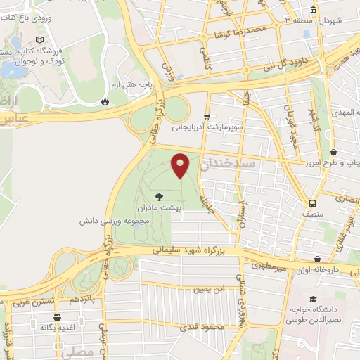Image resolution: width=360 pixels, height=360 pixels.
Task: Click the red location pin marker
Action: [181, 165]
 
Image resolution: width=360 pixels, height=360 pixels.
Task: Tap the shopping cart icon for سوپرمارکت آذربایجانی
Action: [206, 117]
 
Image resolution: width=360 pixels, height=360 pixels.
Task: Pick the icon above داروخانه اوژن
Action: [317, 259]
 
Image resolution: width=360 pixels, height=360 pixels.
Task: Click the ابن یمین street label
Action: [211, 289]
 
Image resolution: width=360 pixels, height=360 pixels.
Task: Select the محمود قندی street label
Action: [202, 327]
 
